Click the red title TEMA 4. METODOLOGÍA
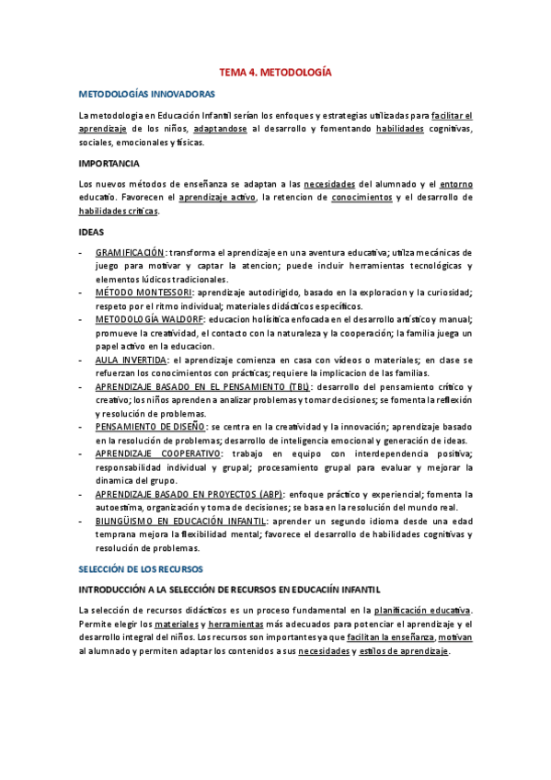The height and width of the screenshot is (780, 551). click(274, 71)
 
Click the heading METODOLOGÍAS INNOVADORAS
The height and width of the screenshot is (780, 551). click(147, 94)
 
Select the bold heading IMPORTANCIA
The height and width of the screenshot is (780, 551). click(109, 163)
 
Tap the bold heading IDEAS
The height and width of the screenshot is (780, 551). click(91, 232)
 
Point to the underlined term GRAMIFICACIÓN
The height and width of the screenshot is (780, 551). click(130, 252)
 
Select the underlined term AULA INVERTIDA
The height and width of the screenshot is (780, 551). click(131, 360)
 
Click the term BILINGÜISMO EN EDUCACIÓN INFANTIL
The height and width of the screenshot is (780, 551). click(180, 522)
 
